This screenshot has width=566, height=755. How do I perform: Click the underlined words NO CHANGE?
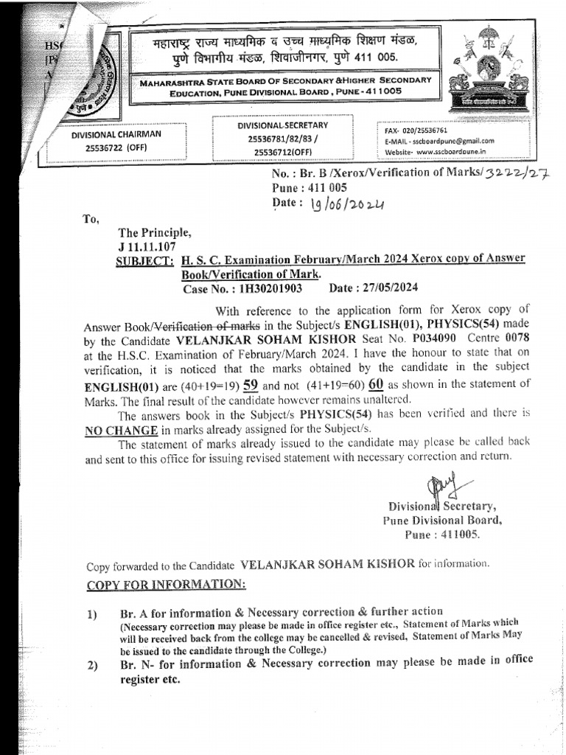click(126, 430)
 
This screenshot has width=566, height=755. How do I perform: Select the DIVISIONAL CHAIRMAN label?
click(116, 135)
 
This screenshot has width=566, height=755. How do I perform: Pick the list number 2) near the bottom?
click(92, 666)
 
